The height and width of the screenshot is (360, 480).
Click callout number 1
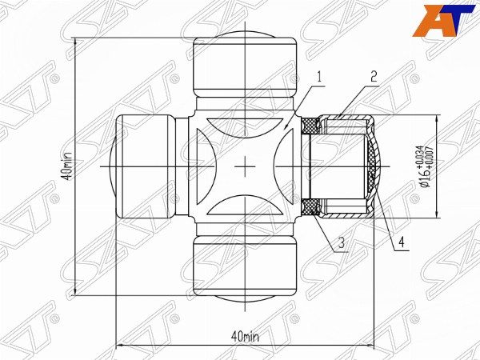318,78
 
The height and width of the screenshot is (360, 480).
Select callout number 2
373,78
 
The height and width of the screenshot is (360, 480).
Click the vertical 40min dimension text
70,167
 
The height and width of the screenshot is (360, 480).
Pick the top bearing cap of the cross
246,72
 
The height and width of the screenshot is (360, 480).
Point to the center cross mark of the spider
246,166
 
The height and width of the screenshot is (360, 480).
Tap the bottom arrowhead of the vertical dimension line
76,294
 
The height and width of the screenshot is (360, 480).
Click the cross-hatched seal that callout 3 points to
308,207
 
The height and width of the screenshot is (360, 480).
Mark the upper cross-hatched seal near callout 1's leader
309,125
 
